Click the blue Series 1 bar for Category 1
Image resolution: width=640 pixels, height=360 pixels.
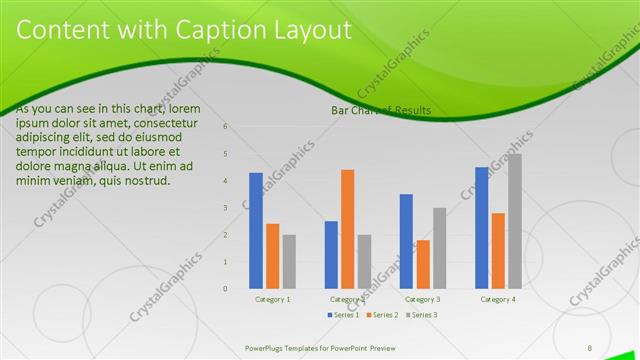[x=256, y=231]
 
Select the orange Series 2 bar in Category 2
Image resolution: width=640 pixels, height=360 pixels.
[x=347, y=229]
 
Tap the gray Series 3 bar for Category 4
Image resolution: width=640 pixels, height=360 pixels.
[x=514, y=221]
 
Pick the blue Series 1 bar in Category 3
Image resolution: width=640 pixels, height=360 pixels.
[x=406, y=241]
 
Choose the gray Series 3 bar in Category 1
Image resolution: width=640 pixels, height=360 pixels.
[x=289, y=262]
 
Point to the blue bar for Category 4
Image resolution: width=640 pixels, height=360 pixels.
[x=482, y=228]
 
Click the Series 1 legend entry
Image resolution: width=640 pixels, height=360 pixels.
[x=345, y=315]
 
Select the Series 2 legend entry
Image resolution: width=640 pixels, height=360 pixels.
[x=383, y=315]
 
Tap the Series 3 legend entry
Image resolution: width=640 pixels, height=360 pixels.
[x=421, y=315]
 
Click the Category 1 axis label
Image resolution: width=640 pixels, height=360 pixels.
[x=273, y=299]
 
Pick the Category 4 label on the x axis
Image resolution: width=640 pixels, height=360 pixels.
[x=498, y=299]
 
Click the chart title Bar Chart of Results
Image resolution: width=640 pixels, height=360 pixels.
[x=381, y=110]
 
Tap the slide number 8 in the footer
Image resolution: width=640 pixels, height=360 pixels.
[x=590, y=347]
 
